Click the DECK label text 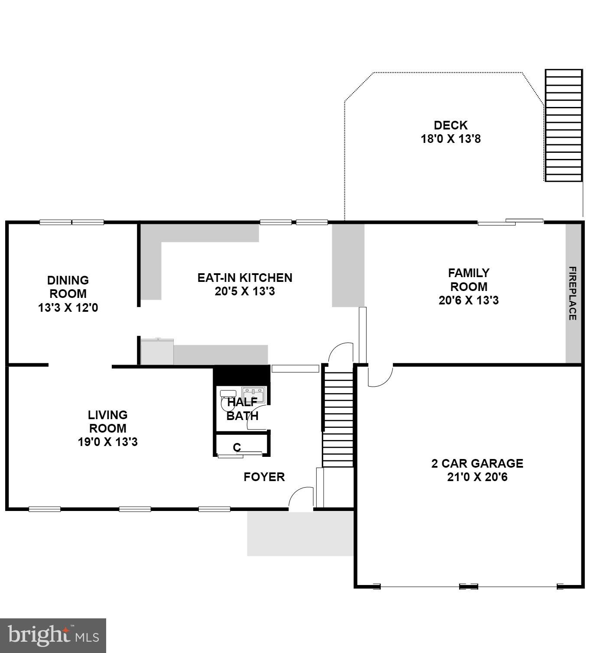[x=451, y=125]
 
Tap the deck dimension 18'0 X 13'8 [x=451, y=139]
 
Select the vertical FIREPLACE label [x=572, y=293]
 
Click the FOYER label [x=264, y=477]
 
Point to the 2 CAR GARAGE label [x=477, y=463]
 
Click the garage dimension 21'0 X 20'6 [x=477, y=477]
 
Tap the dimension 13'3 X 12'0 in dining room [x=68, y=308]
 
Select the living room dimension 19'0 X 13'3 [x=107, y=442]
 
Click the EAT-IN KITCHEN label [x=245, y=278]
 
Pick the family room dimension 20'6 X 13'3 [x=468, y=300]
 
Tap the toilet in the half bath [x=227, y=401]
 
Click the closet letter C [x=237, y=447]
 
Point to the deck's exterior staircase [x=563, y=126]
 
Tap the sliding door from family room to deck [x=510, y=222]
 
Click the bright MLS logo [x=53, y=635]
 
